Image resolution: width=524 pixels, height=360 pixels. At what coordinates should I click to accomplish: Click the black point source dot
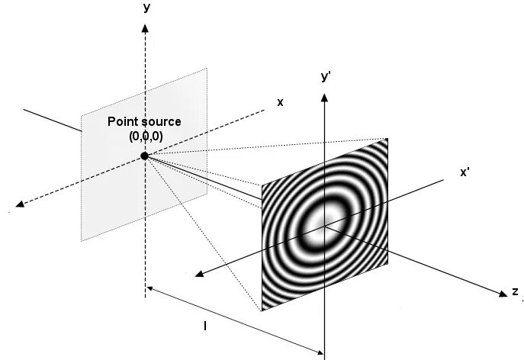pyautogui.click(x=144, y=156)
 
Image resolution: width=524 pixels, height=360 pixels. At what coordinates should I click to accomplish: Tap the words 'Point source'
pyautogui.click(x=144, y=122)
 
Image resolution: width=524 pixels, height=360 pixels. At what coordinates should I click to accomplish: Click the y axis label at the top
pyautogui.click(x=144, y=8)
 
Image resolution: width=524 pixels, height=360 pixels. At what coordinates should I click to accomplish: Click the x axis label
pyautogui.click(x=280, y=102)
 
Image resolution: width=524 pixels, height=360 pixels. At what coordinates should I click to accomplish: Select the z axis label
pyautogui.click(x=516, y=292)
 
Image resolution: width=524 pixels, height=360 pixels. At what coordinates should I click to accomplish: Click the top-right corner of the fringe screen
pyautogui.click(x=387, y=138)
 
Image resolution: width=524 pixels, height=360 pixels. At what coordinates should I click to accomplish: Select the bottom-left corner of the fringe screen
pyautogui.click(x=262, y=311)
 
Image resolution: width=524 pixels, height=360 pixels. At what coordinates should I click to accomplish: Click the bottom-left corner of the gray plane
pyautogui.click(x=82, y=241)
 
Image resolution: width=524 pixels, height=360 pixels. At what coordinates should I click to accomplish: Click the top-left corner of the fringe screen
pyautogui.click(x=262, y=184)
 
